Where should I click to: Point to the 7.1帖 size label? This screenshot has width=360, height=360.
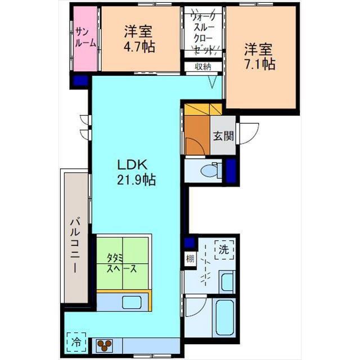pos(259,64)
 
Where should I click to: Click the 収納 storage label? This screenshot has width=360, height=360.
pos(203,67)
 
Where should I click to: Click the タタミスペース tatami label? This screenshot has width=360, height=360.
pos(122,263)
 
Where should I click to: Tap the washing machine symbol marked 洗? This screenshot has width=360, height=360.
pos(224,248)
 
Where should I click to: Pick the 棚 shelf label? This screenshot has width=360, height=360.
pos(190,260)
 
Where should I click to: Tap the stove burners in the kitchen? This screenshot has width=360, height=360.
pos(105,344)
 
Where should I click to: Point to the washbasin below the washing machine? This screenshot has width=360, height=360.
pos(226,281)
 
